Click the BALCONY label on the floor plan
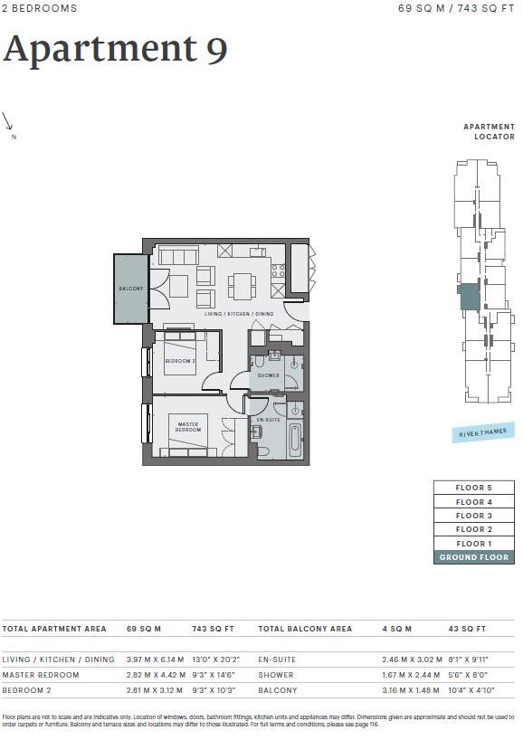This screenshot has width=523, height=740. (x=131, y=289)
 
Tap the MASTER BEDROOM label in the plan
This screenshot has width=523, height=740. (x=188, y=427)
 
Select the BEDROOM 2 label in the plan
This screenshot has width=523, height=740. (x=178, y=361)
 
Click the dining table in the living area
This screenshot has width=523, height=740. (x=242, y=286)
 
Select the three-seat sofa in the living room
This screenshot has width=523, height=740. (x=178, y=256)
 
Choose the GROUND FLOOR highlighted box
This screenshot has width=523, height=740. (x=474, y=557)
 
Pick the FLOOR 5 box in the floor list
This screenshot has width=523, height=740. (x=474, y=488)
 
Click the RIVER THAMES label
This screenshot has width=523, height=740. (x=482, y=433)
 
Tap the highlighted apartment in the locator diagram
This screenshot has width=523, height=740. (x=470, y=298)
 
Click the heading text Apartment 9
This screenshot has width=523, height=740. (x=115, y=49)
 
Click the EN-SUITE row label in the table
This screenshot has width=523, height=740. (x=277, y=659)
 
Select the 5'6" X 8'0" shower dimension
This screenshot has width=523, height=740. (x=469, y=675)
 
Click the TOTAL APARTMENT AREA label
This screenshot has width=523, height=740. (x=54, y=629)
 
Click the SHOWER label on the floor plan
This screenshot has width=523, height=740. (x=268, y=375)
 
